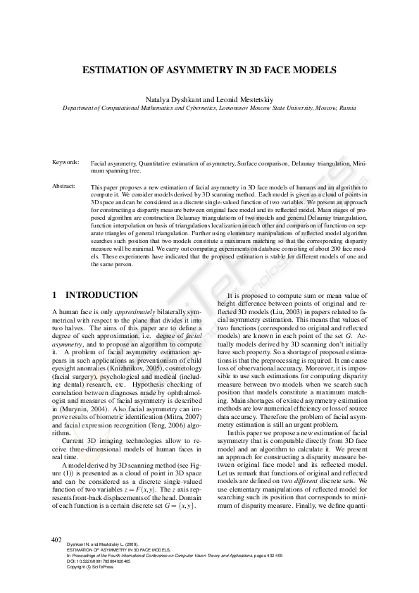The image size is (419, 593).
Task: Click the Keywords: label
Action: point(66,163)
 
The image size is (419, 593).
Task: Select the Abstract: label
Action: point(65,186)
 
